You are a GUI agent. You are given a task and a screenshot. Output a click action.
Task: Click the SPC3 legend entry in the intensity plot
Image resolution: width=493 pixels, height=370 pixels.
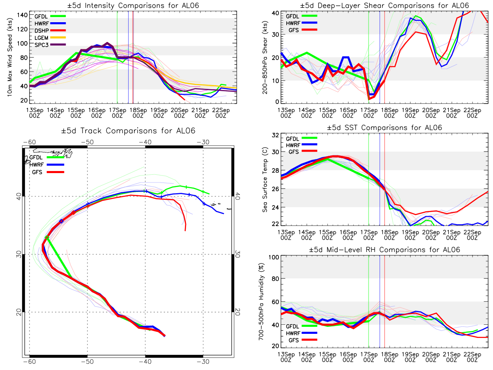coord(50,45)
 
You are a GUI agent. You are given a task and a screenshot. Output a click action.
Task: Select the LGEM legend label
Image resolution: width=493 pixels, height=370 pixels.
coord(41,38)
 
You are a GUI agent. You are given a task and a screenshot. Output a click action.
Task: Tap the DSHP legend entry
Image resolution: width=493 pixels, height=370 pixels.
coord(50,30)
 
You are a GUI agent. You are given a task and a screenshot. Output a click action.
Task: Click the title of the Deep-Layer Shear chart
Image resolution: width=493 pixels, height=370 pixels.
coord(384,5)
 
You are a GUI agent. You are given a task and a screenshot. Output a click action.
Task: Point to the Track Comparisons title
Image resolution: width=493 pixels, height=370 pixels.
coord(128,130)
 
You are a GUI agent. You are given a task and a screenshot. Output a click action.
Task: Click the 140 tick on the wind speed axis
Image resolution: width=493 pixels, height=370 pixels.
coord(22,15)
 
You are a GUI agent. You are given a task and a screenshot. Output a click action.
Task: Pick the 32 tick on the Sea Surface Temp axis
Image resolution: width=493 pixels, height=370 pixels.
coord(275,135)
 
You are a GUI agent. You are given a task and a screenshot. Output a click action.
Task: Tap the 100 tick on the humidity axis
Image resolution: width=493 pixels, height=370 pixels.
coord(274,257)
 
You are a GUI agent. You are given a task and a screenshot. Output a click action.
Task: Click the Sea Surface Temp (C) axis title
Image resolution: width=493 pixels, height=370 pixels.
coord(265,180)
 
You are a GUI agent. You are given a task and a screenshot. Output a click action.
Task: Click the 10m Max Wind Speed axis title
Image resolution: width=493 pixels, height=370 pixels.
coord(10,57)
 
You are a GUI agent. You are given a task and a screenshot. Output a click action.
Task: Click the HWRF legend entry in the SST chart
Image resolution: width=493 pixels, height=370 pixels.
coord(302,145)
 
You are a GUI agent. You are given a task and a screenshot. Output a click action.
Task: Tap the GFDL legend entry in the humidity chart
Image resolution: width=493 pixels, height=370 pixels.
coord(302,326)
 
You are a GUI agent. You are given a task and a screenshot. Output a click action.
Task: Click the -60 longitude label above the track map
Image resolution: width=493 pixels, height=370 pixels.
coord(30,142)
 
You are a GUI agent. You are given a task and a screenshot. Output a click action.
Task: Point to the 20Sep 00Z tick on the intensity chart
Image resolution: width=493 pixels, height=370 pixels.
coord(180,113)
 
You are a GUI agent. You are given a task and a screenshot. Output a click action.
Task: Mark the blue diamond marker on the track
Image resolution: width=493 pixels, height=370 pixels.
coord(61,221)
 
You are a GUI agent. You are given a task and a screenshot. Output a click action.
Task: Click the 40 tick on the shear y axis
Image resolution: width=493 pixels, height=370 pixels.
coord(275,13)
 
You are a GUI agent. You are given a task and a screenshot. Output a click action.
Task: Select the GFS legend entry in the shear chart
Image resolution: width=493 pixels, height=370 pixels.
coord(303,30)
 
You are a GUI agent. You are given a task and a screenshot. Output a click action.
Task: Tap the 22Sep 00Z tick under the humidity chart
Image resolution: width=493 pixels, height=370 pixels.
coord(472,357)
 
